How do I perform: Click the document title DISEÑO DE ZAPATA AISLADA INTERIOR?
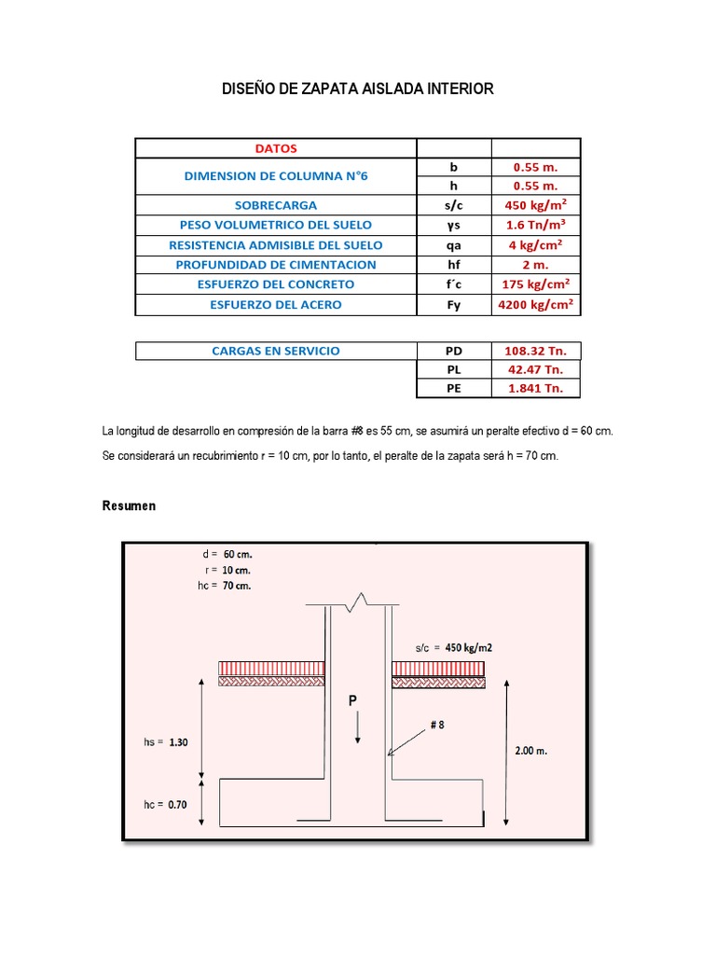pyautogui.click(x=357, y=90)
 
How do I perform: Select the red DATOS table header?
pyautogui.click(x=275, y=147)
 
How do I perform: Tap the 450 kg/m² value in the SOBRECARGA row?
pyautogui.click(x=535, y=205)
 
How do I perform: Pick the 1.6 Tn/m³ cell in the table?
pyautogui.click(x=535, y=225)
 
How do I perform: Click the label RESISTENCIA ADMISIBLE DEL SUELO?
pyautogui.click(x=275, y=245)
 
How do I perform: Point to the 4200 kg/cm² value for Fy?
pyautogui.click(x=535, y=304)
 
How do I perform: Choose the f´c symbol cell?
pyautogui.click(x=454, y=284)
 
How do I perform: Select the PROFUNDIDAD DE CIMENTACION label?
pyautogui.click(x=275, y=265)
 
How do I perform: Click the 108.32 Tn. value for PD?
pyautogui.click(x=535, y=352)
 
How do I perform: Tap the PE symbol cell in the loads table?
pyautogui.click(x=454, y=390)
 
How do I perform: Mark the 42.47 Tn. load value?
pyautogui.click(x=535, y=371)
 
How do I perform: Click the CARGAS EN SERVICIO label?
pyautogui.click(x=275, y=352)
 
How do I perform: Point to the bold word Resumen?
pyautogui.click(x=129, y=506)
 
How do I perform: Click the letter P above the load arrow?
pyautogui.click(x=354, y=699)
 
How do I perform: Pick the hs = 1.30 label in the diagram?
pyautogui.click(x=167, y=742)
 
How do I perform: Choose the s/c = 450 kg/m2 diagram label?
pyautogui.click(x=454, y=647)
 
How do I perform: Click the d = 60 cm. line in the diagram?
pyautogui.click(x=225, y=554)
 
